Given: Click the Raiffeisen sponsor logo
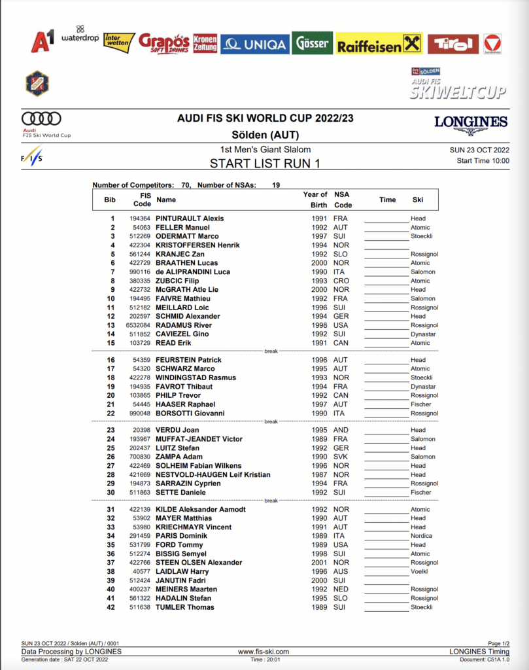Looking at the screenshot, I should pyautogui.click(x=379, y=44).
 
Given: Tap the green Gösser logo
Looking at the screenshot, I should pyautogui.click(x=312, y=43).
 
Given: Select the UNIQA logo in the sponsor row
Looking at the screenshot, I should pyautogui.click(x=254, y=44).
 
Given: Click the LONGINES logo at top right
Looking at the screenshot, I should pyautogui.click(x=471, y=122).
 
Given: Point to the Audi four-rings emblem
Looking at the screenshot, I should pyautogui.click(x=41, y=118).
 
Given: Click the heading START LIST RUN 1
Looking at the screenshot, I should pyautogui.click(x=265, y=163).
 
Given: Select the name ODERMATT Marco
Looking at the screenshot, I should pyautogui.click(x=187, y=236).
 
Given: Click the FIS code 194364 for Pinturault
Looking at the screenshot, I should pyautogui.click(x=140, y=219).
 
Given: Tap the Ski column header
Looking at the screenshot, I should pyautogui.click(x=418, y=200).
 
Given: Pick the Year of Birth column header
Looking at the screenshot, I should pyautogui.click(x=315, y=199).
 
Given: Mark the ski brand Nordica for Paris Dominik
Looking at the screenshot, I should pyautogui.click(x=422, y=536).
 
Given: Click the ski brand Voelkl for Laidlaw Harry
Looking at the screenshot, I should pyautogui.click(x=419, y=571).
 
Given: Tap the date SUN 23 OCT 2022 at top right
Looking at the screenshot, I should pyautogui.click(x=479, y=150).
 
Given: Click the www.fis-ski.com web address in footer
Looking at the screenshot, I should pyautogui.click(x=264, y=652).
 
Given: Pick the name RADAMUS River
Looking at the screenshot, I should pyautogui.click(x=183, y=325).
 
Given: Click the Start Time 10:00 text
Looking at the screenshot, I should pyautogui.click(x=483, y=161).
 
